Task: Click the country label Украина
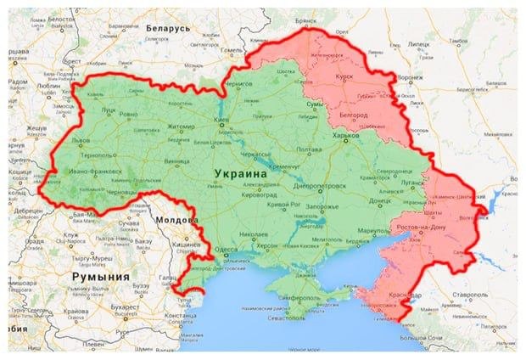(238, 174)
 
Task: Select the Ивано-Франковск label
(93, 172)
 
